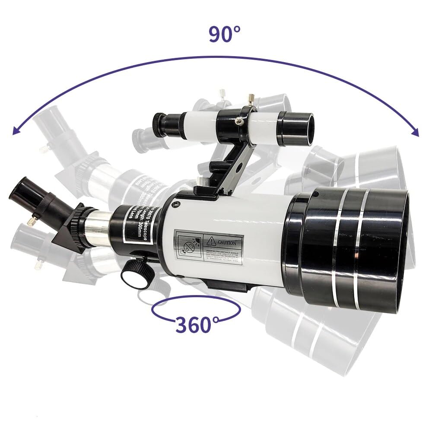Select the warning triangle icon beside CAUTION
click(x=211, y=241)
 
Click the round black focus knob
click(x=135, y=275)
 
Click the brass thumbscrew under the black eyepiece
click(x=31, y=222)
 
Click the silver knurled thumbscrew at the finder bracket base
click(x=201, y=180)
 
